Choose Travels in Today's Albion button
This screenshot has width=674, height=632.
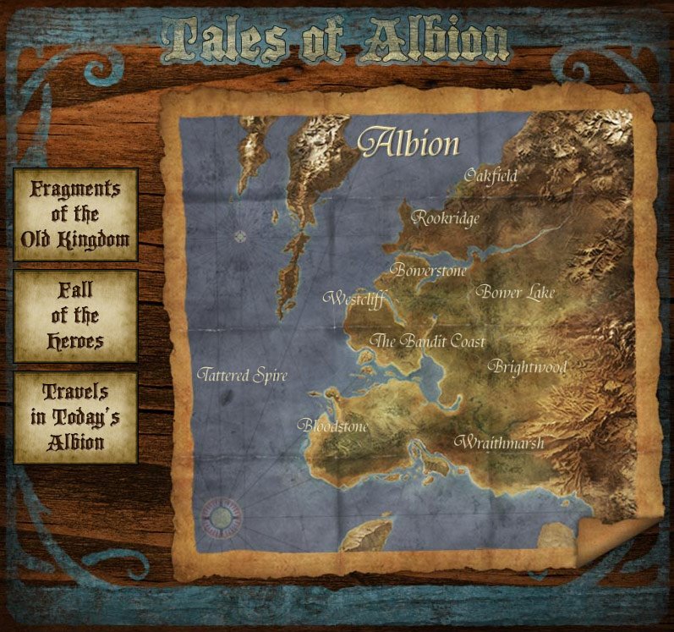tap(75, 417)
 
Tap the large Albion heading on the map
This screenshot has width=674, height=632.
tap(409, 143)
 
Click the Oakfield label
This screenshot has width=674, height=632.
tap(490, 176)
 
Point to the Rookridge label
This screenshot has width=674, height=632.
tap(446, 218)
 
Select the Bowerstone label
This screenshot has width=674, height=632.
tap(428, 271)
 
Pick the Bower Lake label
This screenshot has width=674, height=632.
tap(515, 293)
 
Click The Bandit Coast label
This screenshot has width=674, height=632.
tap(429, 341)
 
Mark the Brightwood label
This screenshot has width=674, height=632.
tap(528, 367)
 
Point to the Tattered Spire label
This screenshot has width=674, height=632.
tap(242, 376)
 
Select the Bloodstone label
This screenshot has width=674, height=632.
tap(333, 426)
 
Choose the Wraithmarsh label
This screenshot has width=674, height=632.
tap(499, 442)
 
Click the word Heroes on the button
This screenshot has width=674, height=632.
tap(75, 341)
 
